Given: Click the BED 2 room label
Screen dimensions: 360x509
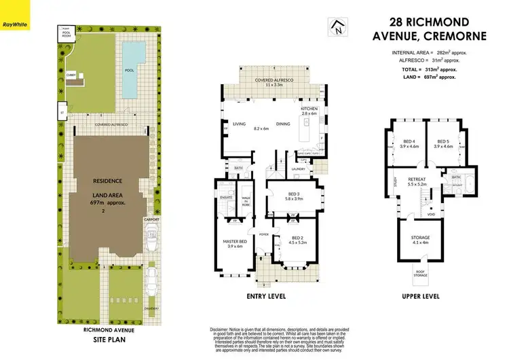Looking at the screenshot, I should tap(298, 237).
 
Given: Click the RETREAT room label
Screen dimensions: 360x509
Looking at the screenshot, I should tap(426, 180).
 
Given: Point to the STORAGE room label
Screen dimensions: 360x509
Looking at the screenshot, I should tap(421, 237).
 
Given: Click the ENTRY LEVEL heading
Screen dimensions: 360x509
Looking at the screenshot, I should tap(267, 297).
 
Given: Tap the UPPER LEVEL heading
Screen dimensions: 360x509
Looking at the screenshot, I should tap(421, 297).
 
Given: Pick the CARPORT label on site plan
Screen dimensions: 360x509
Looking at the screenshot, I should tap(151, 220).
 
